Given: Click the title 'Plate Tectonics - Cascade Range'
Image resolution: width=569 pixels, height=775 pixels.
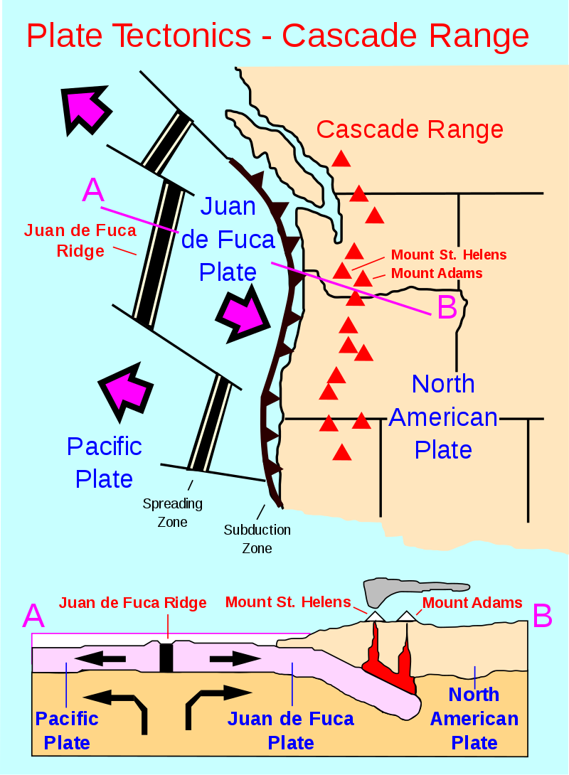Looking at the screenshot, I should click(277, 36).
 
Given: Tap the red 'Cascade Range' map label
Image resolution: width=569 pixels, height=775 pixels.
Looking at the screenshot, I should click(410, 129).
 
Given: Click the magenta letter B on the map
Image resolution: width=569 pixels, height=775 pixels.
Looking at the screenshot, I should click(447, 307).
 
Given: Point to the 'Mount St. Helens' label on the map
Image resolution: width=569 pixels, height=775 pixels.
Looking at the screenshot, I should click(449, 255).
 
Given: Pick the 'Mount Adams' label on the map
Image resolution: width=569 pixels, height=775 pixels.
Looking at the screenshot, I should click(437, 273).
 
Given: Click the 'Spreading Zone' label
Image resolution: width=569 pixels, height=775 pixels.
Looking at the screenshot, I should click(172, 513).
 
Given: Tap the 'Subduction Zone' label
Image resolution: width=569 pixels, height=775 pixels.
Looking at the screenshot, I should click(257, 539).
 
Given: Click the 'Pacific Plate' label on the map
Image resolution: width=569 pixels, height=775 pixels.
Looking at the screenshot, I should click(105, 462).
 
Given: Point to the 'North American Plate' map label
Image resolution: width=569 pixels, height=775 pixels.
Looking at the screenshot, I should click(443, 417).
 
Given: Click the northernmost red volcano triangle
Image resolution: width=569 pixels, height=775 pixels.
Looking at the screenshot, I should click(342, 159).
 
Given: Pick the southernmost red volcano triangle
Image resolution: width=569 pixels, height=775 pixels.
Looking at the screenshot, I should click(342, 452).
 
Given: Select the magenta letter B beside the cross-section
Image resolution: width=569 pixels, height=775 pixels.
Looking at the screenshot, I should click(542, 616).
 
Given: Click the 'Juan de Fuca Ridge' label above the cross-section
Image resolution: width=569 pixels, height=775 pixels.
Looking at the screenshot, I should click(133, 603).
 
